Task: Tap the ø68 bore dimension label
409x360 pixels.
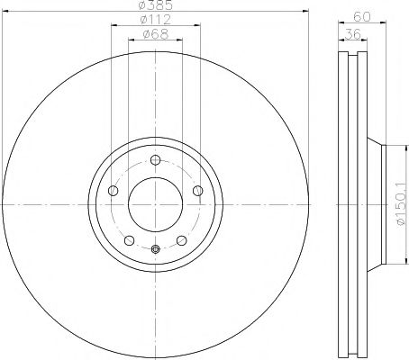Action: point(155,36)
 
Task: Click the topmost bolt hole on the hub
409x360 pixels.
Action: point(155,161)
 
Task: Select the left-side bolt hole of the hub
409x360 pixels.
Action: point(114,191)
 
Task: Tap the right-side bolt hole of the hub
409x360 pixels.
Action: point(196,190)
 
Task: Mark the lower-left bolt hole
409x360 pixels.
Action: point(130,240)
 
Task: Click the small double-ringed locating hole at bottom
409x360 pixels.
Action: point(155,249)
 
